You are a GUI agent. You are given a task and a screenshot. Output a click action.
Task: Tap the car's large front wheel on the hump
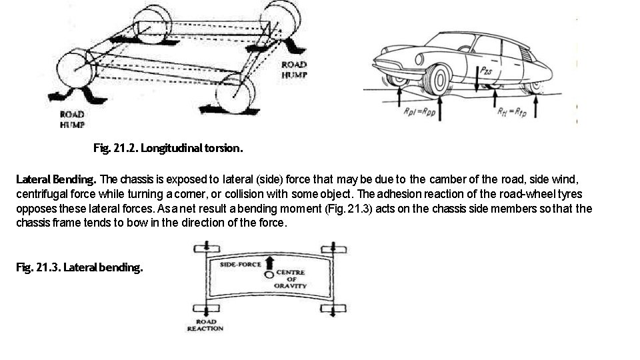(441, 79)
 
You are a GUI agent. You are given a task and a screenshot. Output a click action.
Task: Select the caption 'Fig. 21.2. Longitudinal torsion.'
(167, 148)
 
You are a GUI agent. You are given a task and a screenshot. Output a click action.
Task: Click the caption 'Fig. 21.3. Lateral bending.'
(79, 268)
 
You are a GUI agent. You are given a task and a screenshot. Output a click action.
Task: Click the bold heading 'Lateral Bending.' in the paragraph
(56, 179)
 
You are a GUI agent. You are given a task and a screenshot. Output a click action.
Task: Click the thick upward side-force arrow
(269, 261)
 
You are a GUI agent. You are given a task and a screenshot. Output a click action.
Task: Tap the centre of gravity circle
(269, 273)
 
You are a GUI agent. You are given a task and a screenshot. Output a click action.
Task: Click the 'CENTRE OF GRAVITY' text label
(291, 279)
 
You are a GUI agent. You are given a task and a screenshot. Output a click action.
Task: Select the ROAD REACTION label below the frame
(205, 325)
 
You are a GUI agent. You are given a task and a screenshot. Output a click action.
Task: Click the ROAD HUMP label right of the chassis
(293, 69)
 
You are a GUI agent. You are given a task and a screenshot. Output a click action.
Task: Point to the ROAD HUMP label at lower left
(71, 119)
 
